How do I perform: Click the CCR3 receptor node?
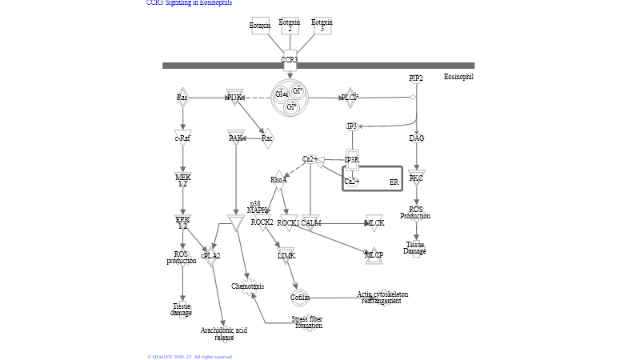point(290,59)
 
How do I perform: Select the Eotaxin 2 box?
point(290,26)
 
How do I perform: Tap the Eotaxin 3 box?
point(322,26)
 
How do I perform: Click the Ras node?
point(182,98)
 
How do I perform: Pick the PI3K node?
point(234,98)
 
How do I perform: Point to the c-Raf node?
point(182,138)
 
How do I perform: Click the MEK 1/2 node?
point(182,180)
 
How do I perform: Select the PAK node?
point(235,138)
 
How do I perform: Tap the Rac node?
point(267,138)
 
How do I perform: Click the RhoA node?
point(278,180)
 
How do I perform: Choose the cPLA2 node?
point(211,256)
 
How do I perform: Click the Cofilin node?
point(300,298)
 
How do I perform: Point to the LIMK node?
point(286,255)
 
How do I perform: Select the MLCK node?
point(374,222)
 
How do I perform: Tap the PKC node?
point(416,178)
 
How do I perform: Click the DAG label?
point(416,138)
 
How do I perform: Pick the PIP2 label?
point(415,78)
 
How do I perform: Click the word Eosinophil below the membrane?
point(458,77)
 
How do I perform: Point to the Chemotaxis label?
point(247,286)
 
